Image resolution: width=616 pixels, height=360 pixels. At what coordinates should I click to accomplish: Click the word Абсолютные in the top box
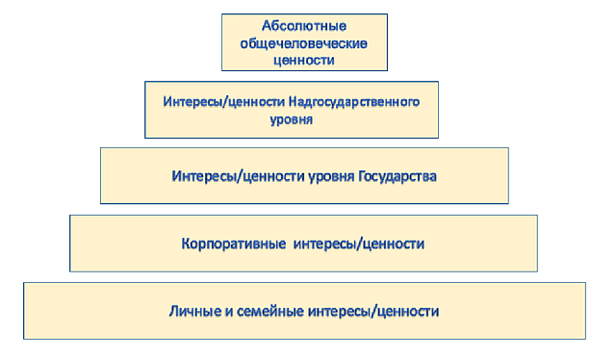coord(304,26)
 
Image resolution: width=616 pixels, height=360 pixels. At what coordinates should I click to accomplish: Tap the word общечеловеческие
coord(304,43)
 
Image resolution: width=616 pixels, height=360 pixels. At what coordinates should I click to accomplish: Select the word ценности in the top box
coord(304,60)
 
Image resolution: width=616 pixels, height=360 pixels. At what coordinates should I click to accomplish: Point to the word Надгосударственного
coord(354,102)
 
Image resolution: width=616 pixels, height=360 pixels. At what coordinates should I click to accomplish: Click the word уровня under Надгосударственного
coord(291,119)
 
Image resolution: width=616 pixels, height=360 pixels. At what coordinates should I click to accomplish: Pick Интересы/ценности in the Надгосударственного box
coord(224,102)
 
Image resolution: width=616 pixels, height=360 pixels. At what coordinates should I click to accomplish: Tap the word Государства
coord(398,176)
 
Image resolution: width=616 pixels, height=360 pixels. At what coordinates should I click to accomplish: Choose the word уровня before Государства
coord(331,177)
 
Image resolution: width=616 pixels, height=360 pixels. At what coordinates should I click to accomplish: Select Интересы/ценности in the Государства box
coord(238,176)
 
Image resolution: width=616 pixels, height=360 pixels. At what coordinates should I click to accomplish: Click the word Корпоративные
coord(233,244)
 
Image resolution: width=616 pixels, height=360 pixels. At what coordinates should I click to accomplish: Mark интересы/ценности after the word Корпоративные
coord(359,244)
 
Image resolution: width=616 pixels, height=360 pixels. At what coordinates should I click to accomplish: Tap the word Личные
coord(195,311)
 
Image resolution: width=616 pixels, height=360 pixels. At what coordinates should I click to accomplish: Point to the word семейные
coord(270,312)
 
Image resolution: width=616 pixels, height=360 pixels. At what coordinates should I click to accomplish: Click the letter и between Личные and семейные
coord(229,312)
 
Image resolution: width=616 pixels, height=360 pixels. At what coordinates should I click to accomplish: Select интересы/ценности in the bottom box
coord(373,311)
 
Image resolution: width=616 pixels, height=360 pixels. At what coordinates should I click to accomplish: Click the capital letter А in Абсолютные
coord(267,26)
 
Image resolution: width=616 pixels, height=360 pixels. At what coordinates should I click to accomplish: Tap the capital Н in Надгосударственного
coord(293,101)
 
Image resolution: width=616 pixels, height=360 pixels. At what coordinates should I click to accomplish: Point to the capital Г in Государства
coord(362,176)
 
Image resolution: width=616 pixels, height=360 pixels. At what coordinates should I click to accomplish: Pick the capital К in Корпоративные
coord(186,244)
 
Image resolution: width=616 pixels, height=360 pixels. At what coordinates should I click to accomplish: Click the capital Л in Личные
coord(174,311)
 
